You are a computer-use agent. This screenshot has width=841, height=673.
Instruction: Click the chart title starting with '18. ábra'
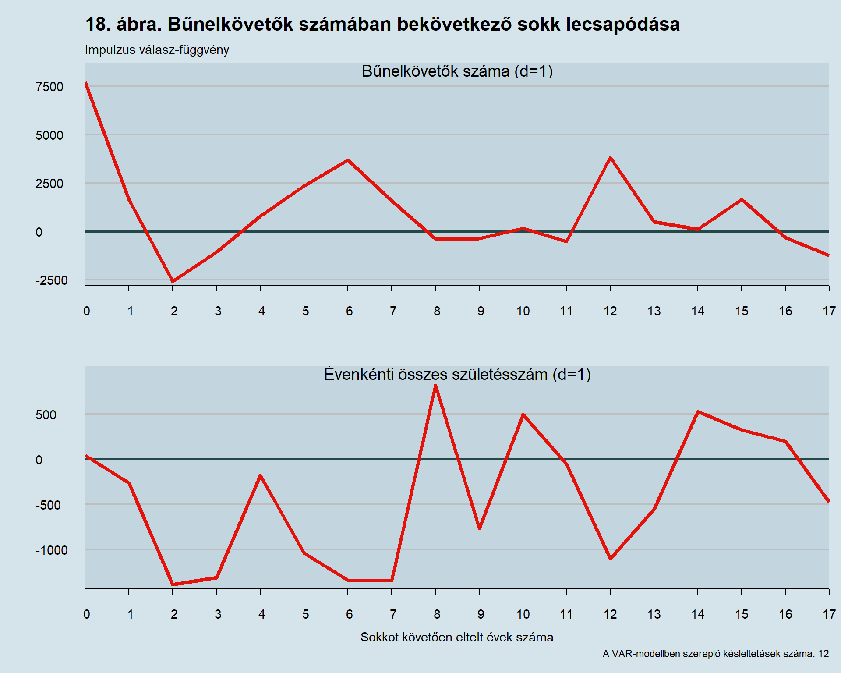[x=382, y=24]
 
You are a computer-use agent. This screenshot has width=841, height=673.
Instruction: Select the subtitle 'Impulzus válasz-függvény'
[x=157, y=50]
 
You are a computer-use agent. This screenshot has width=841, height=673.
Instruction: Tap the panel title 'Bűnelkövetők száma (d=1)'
[x=457, y=71]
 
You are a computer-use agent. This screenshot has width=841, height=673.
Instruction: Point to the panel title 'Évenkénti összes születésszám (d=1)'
[x=457, y=375]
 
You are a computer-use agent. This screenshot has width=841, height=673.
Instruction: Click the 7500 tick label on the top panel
[x=49, y=87]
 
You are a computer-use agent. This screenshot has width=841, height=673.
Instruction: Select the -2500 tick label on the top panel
[x=51, y=280]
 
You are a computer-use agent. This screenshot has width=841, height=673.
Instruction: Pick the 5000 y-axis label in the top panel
[x=49, y=135]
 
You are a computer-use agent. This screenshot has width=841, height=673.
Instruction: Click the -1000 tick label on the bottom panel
[x=51, y=550]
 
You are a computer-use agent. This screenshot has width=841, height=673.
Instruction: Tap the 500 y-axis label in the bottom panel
[x=46, y=415]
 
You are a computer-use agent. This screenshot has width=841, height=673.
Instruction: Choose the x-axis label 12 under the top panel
[x=610, y=311]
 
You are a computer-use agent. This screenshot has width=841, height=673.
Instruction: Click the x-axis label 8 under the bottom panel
[x=437, y=614]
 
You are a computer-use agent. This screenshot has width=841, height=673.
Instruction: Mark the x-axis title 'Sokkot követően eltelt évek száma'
[x=457, y=637]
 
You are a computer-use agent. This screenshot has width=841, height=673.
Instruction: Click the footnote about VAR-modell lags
[x=716, y=654]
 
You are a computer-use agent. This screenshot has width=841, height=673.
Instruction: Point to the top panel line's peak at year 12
[x=610, y=157]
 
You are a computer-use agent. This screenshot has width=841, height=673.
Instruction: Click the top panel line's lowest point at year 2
[x=173, y=281]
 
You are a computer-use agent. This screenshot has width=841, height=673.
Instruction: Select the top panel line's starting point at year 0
[x=86, y=83]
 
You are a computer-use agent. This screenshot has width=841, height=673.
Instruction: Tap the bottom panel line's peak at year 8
[x=435, y=386]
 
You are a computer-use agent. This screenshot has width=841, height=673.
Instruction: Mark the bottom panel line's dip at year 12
[x=610, y=559]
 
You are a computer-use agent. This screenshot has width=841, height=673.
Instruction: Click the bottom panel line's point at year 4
[x=260, y=475]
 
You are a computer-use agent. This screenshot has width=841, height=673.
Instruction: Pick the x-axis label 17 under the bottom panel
[x=829, y=614]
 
